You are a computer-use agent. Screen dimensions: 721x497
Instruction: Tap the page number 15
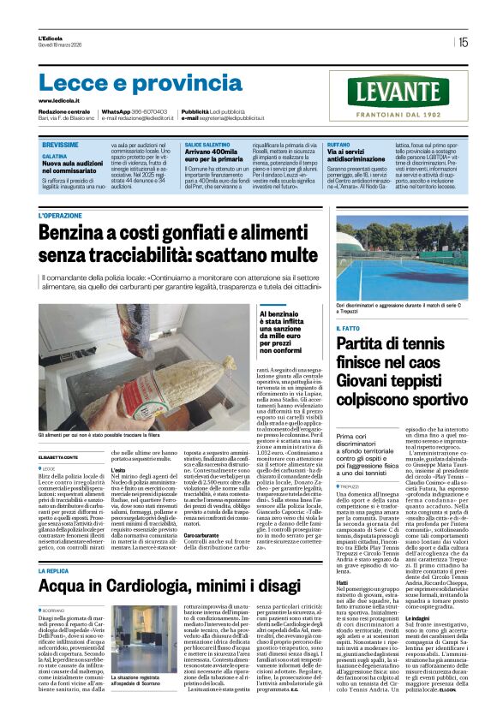coord(463,41)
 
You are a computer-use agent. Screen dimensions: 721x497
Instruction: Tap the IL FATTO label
coord(348,328)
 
